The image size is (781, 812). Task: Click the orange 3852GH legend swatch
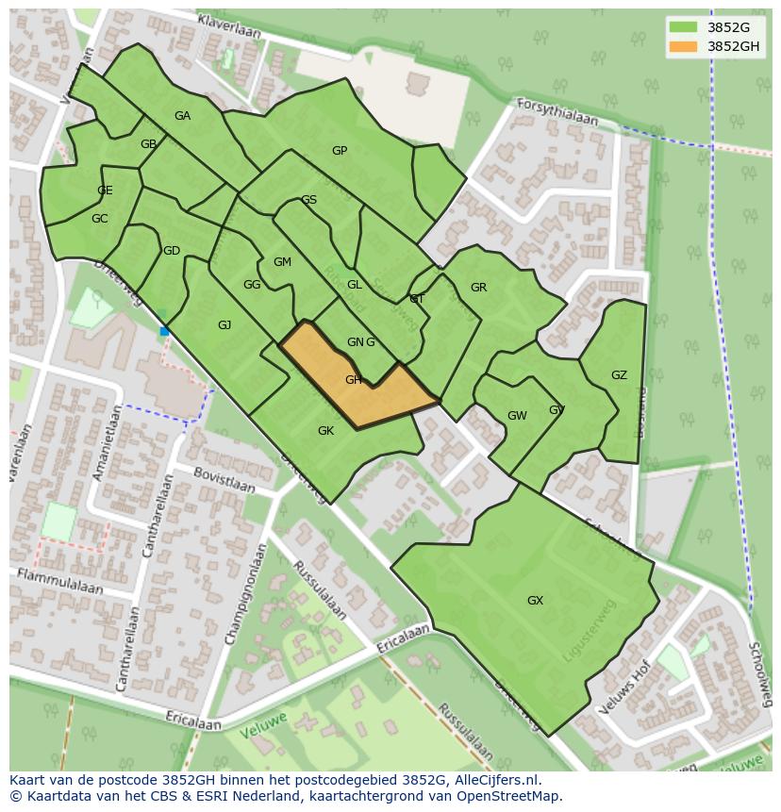[x=684, y=46]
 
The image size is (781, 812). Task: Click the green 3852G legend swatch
[x=684, y=27]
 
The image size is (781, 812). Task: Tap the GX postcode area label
[x=535, y=601]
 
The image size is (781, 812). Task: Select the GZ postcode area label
[x=619, y=375]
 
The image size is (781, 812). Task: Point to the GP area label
[x=340, y=151]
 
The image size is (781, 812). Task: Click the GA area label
[x=182, y=116]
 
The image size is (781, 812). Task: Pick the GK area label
[x=325, y=431]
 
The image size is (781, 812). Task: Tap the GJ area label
[x=224, y=325]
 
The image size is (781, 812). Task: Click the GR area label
[x=478, y=288]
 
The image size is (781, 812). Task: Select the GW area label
[x=517, y=416]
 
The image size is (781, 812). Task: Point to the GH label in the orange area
[x=353, y=380]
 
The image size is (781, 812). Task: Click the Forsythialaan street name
[x=557, y=112]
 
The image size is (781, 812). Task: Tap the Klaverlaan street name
[x=228, y=25]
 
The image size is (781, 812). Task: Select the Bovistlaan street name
[x=224, y=479]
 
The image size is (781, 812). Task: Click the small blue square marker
[x=164, y=331]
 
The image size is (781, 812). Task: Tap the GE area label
[x=105, y=191]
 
